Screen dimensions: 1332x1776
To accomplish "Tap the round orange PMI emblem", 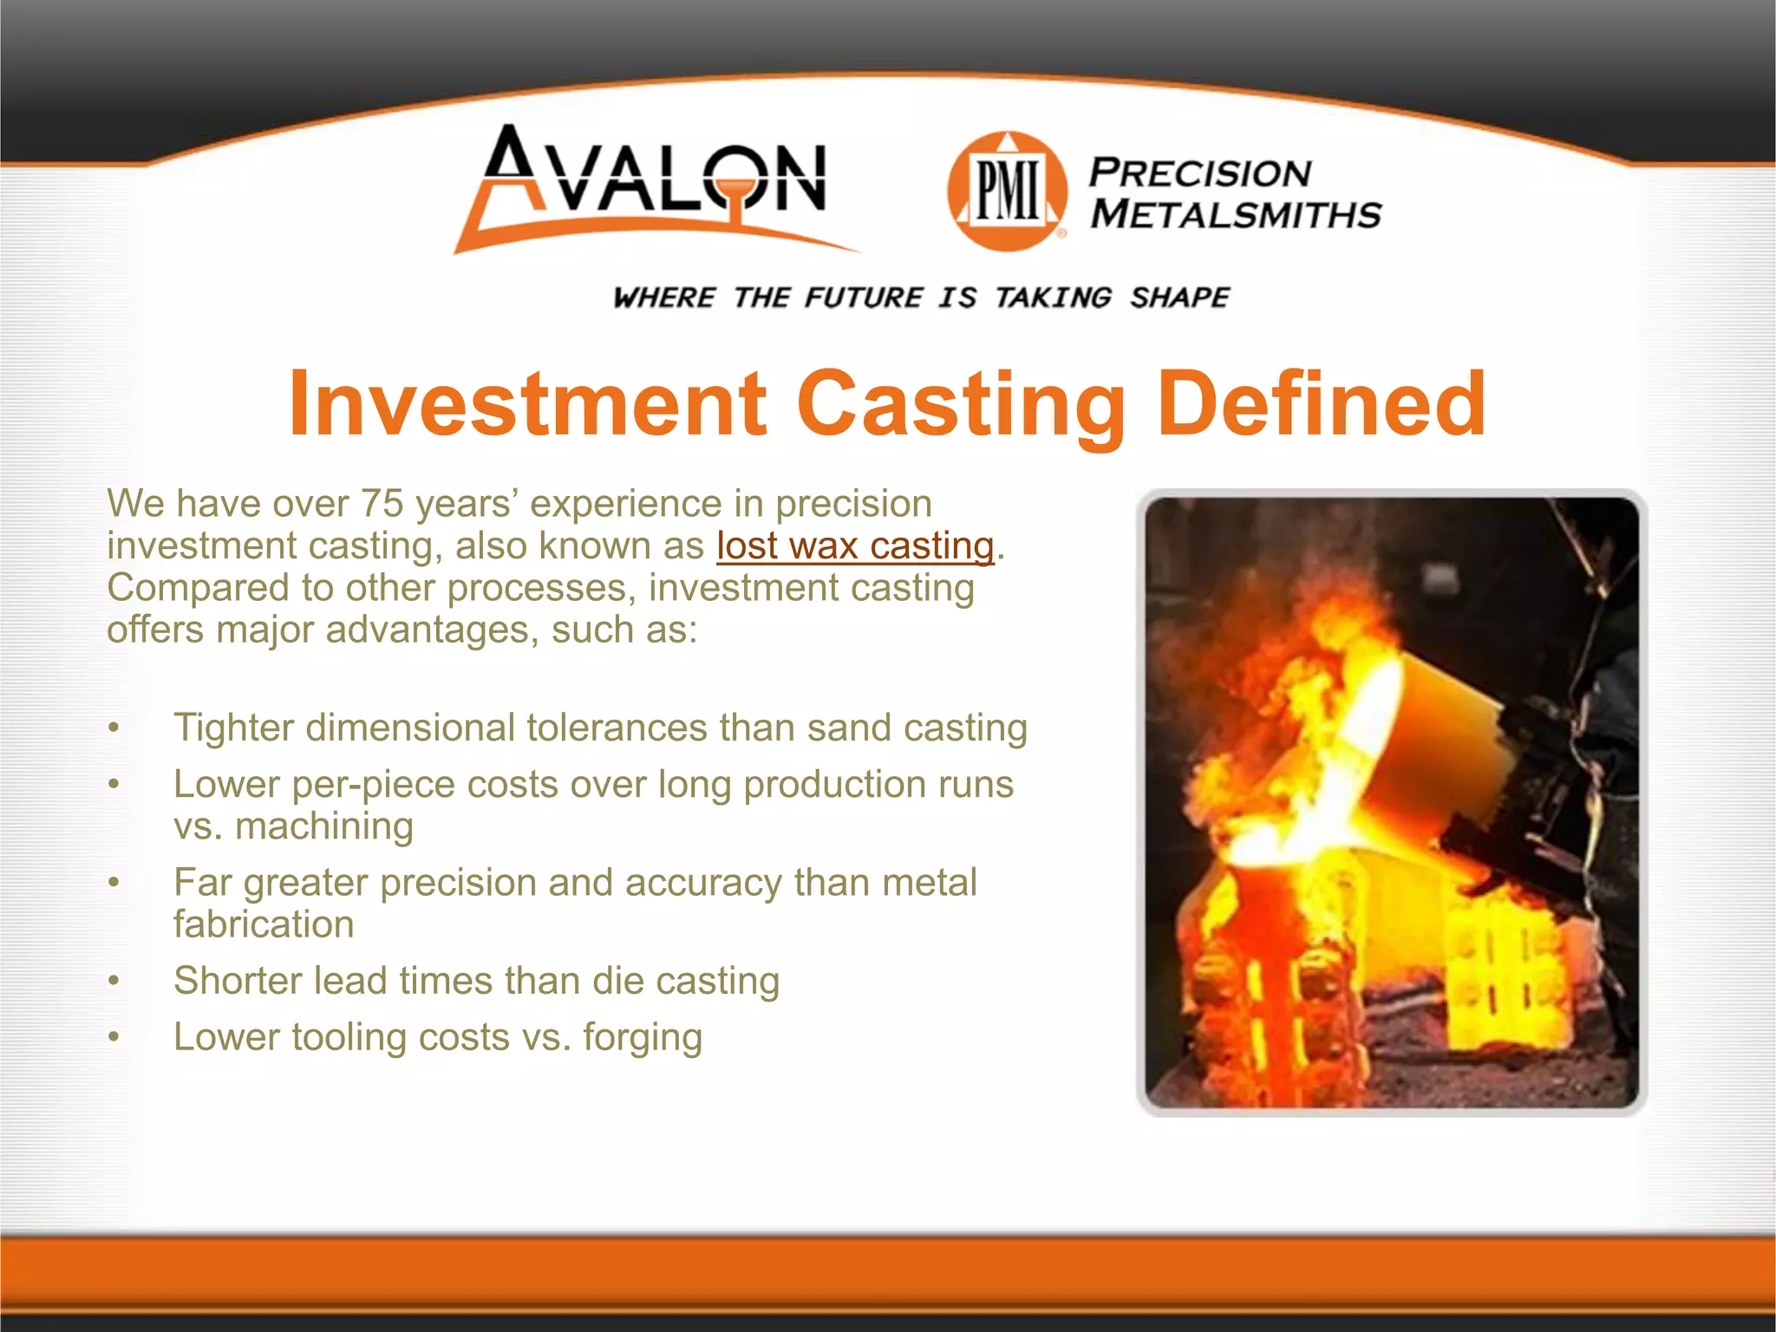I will click(x=1007, y=191).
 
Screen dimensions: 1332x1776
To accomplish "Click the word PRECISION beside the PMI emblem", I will click(x=1199, y=173).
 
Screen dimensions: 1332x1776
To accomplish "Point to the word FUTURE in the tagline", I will click(x=864, y=297).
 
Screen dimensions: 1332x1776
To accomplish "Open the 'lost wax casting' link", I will click(x=855, y=545).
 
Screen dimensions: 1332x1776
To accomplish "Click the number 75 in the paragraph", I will click(x=382, y=504).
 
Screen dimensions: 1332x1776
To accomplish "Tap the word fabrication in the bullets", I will click(x=264, y=924).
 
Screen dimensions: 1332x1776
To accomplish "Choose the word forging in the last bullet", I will click(x=642, y=1038).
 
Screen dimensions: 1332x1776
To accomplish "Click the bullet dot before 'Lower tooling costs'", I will click(x=114, y=1037).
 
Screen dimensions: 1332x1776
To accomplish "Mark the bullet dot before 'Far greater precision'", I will click(x=114, y=883).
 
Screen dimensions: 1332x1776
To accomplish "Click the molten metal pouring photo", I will click(x=1391, y=802).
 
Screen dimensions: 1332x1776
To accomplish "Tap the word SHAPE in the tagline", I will click(x=1179, y=297).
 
